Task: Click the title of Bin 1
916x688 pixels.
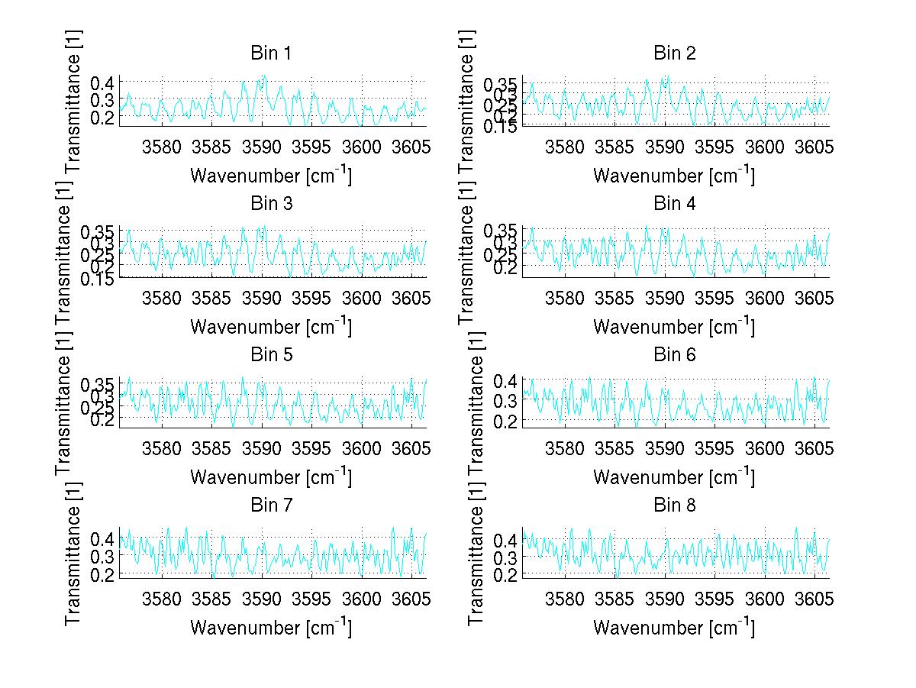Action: [x=271, y=53]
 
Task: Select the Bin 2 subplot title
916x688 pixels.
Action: [x=675, y=53]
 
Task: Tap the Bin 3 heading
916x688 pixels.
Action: [x=271, y=204]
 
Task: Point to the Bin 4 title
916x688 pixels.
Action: [x=675, y=204]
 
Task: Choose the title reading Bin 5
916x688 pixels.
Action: [x=271, y=354]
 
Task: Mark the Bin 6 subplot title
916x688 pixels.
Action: [x=675, y=354]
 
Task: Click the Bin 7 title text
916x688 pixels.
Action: [x=271, y=505]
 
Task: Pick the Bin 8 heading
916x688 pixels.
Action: [x=675, y=505]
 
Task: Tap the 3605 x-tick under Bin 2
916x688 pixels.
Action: [x=814, y=146]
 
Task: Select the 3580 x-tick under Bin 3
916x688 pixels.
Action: [x=162, y=296]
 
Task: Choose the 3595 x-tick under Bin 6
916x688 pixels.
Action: [x=714, y=447]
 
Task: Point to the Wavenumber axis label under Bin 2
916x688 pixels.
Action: [x=675, y=176]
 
